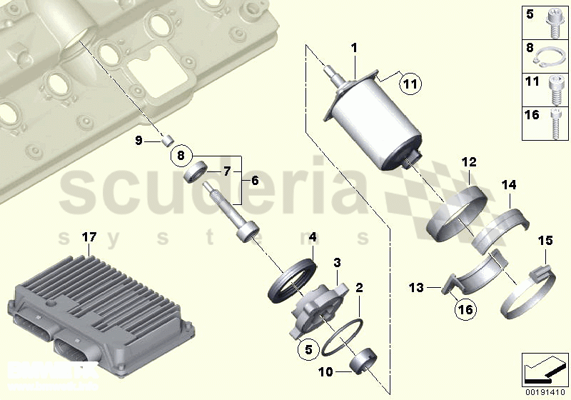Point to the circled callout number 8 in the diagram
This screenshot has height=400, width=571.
tap(181, 154)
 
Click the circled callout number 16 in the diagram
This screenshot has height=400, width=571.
tap(465, 309)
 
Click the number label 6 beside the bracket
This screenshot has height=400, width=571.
tap(255, 182)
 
